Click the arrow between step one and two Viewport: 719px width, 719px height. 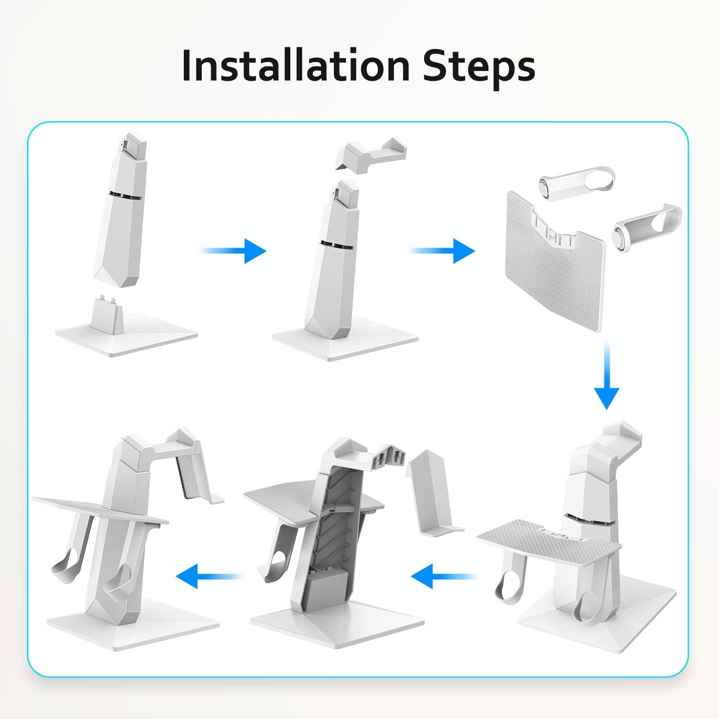click(x=234, y=250)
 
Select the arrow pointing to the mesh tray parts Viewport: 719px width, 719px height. click(x=443, y=250)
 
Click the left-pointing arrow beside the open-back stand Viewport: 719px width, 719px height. click(x=443, y=577)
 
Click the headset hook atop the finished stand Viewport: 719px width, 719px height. click(x=180, y=449)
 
